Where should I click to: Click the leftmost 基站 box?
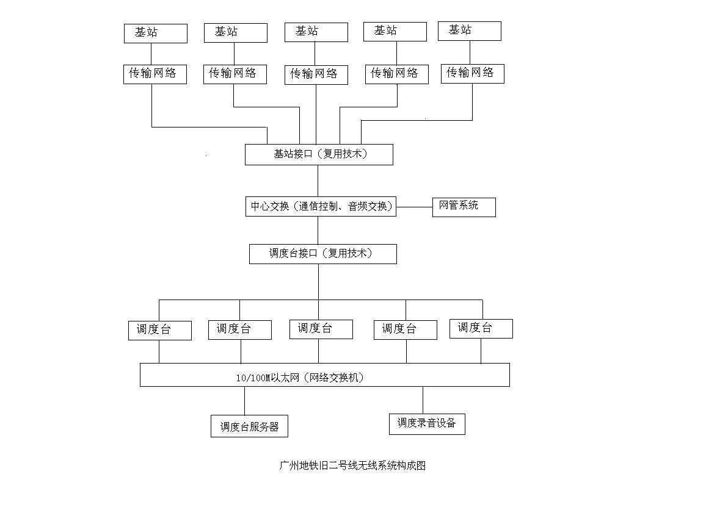click(155, 34)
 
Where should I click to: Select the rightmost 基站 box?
click(469, 31)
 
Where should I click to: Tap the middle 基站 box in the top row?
click(316, 32)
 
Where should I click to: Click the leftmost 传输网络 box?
click(155, 74)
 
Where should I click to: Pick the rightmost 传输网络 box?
click(472, 73)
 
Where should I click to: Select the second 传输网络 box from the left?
click(235, 74)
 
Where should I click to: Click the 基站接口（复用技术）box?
click(319, 154)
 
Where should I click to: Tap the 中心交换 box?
click(320, 206)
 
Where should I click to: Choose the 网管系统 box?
click(464, 207)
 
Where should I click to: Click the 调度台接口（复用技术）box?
click(322, 254)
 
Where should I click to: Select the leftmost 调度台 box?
click(159, 330)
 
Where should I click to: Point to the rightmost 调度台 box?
click(481, 328)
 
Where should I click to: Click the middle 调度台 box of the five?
click(321, 329)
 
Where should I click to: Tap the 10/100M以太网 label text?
click(300, 378)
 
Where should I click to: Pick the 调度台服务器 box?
click(249, 427)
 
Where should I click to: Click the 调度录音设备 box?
click(427, 424)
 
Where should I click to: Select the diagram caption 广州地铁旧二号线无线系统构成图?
click(352, 465)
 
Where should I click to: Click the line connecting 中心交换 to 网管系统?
click(414, 207)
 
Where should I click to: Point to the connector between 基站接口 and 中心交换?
click(318, 181)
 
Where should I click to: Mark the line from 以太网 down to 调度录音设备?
click(423, 400)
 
